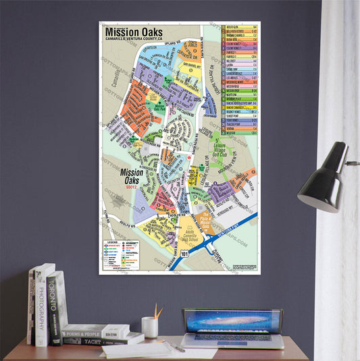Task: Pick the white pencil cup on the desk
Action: click(x=150, y=327)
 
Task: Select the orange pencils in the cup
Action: click(x=156, y=311)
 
